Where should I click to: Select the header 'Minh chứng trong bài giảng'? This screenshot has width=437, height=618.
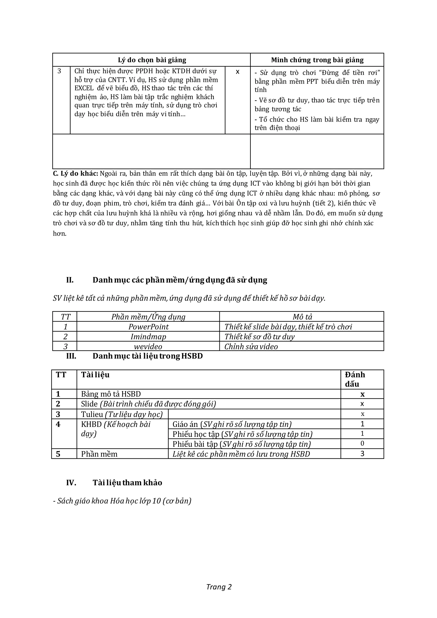317,60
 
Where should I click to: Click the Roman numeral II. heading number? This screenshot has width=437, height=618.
70,280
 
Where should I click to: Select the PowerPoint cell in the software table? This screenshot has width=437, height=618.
148,327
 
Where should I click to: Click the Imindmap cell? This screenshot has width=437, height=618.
148,337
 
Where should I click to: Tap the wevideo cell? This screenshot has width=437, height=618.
148,347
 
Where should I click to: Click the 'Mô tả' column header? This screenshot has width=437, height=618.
302,317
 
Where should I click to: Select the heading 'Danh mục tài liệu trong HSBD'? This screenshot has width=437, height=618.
147,356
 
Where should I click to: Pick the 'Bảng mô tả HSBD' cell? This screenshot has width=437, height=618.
111,394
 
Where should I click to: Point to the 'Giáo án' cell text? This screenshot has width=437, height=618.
185,424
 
